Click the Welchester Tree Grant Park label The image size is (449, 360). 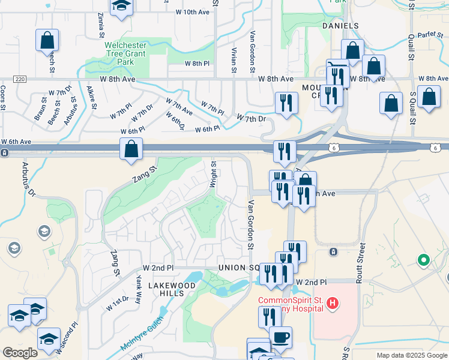tap(126, 53)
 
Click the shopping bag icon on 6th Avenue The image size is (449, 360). tap(131, 149)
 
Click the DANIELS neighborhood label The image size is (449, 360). tap(340, 26)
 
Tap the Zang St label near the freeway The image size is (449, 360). tap(145, 173)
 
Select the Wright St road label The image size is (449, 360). tap(212, 173)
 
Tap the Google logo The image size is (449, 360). tap(20, 353)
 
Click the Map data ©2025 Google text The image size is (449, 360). tap(411, 355)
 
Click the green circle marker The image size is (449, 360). tap(424, 260)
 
